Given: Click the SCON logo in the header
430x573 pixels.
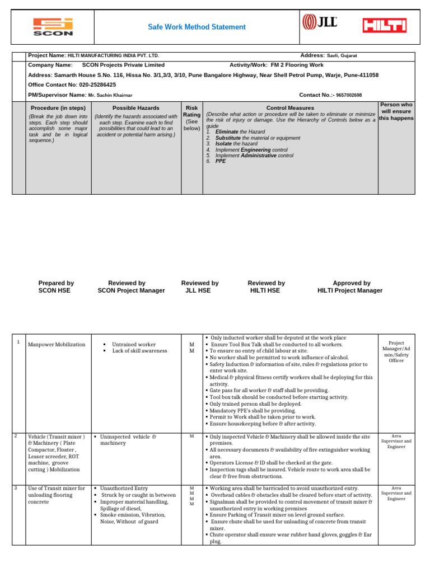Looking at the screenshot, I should coord(53,26).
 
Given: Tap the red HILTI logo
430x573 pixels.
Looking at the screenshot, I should coord(384,26).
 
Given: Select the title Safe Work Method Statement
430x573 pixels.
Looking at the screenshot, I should coord(197,27).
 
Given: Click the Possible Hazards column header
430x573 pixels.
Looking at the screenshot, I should coord(135,107).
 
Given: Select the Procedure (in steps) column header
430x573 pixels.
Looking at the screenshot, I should coord(58,107).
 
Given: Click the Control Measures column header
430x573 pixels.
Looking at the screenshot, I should coord(290,107).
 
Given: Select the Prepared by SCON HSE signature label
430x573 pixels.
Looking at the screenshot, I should coord(56,287).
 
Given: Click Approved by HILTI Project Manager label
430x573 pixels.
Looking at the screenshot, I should coord(350,287).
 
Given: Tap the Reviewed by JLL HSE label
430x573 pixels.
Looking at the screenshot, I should coord(200,287).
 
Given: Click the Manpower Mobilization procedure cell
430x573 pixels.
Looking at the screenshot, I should coord(57,345).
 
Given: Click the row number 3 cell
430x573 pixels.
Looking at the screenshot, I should coord(18,488).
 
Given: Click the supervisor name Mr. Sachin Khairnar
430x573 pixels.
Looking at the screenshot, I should coord(110,95).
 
